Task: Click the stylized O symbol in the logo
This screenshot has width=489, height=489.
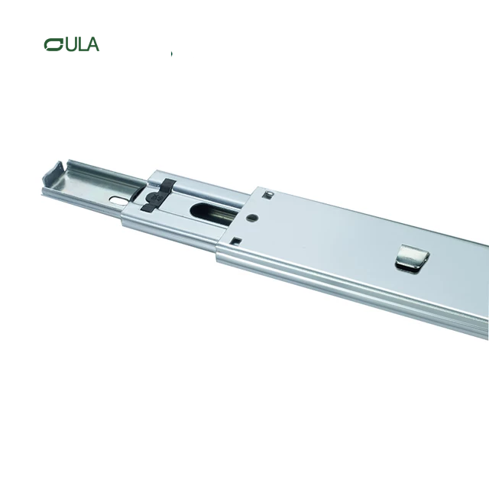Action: point(53,44)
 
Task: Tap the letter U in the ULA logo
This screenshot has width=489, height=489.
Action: point(69,44)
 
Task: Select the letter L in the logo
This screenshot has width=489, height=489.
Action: point(80,44)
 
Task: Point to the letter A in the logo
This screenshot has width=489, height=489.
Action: point(92,44)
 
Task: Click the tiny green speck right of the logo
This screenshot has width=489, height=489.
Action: point(172,53)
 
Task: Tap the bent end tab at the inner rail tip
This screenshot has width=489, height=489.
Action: point(54,175)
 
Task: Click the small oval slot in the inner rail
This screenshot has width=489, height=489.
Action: point(118,200)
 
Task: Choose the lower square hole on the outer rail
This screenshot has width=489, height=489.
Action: point(235,242)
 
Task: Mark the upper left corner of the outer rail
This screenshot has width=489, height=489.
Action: point(253,186)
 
